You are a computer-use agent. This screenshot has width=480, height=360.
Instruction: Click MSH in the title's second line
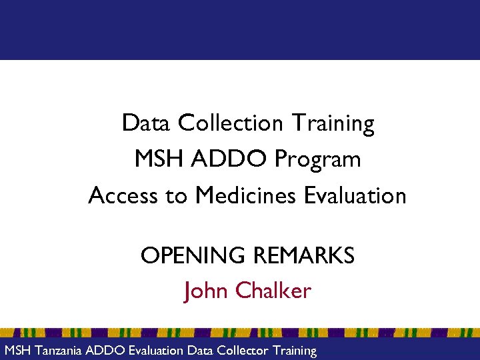point(157,159)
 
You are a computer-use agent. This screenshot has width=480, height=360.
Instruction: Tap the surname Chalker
point(273,291)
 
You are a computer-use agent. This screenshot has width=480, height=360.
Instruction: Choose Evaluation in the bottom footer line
point(155,351)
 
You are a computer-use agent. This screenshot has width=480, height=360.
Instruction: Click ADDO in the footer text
point(103,351)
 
